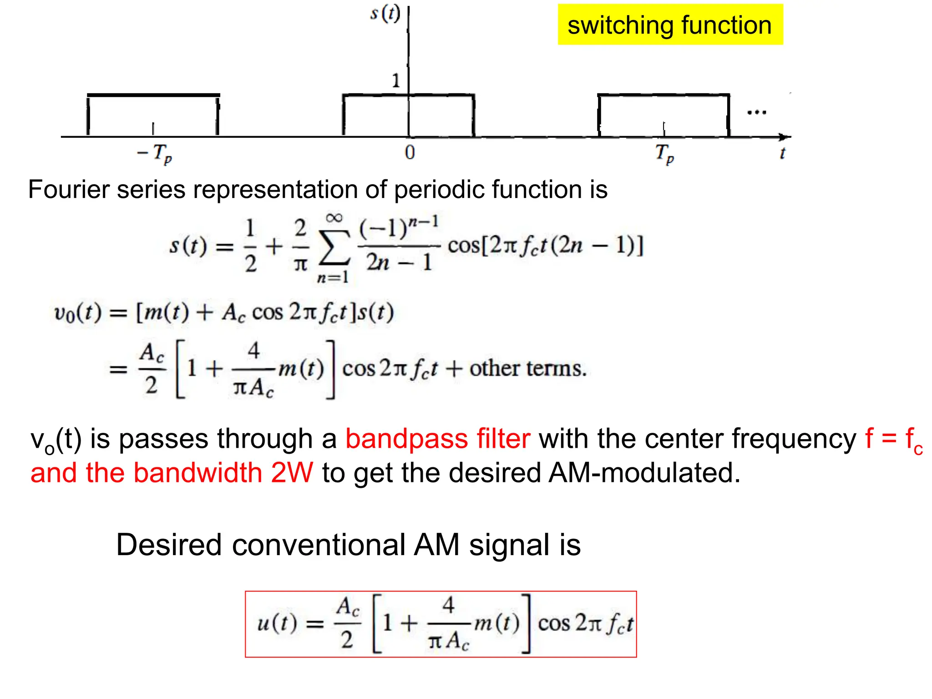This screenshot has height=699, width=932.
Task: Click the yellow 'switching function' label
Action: pyautogui.click(x=670, y=25)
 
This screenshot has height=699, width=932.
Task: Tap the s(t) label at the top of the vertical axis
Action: pyautogui.click(x=385, y=14)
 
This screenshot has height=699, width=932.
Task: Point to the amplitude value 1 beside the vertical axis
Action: pyautogui.click(x=396, y=81)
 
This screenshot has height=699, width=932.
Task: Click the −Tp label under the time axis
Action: pyautogui.click(x=155, y=153)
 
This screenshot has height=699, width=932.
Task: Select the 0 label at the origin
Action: pyautogui.click(x=410, y=153)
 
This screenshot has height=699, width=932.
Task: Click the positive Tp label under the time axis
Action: pyautogui.click(x=664, y=153)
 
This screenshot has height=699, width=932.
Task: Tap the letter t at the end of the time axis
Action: pyautogui.click(x=782, y=153)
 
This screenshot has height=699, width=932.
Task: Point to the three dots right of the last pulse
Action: pyautogui.click(x=757, y=112)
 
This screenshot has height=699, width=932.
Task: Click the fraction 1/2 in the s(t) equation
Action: pyautogui.click(x=250, y=246)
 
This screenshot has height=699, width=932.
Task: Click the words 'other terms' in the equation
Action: pyautogui.click(x=528, y=369)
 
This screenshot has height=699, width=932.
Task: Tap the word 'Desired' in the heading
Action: pyautogui.click(x=169, y=545)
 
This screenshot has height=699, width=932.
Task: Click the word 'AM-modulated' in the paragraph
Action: pyautogui.click(x=644, y=472)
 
